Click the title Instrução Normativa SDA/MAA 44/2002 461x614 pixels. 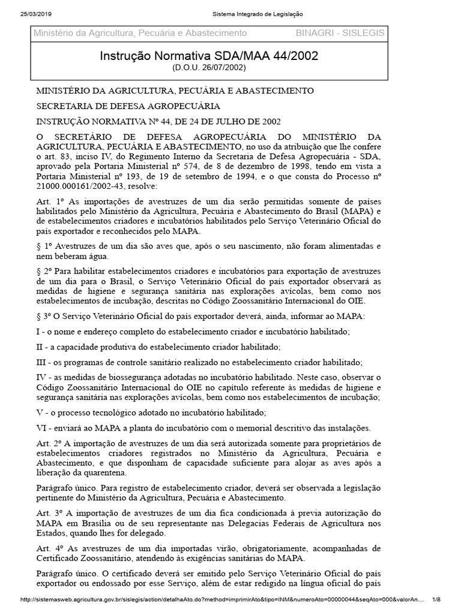[208, 56]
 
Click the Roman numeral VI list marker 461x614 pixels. [42, 428]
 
